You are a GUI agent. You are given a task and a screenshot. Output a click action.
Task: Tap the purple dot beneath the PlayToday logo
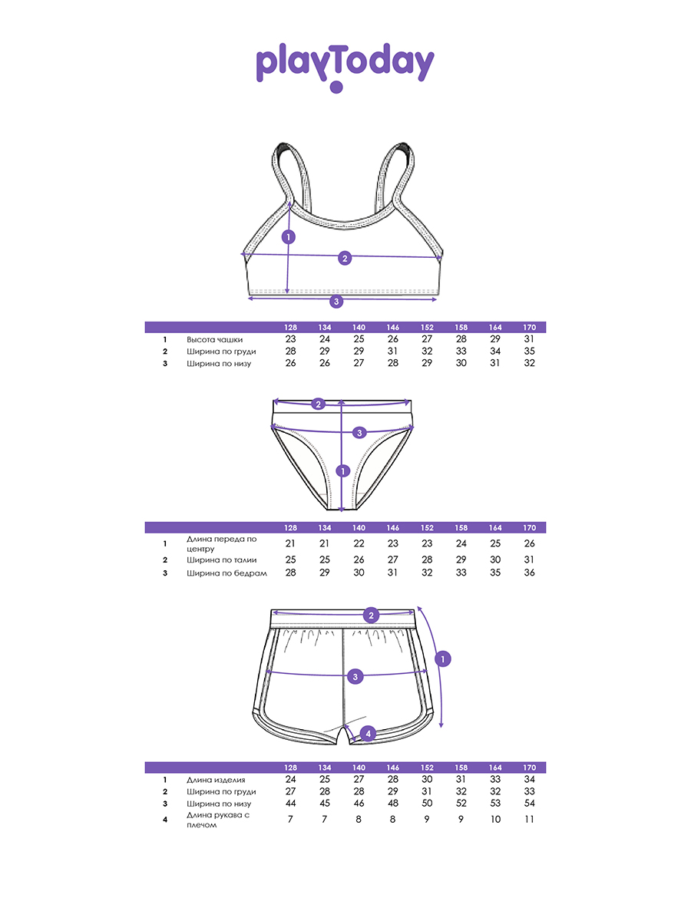click(336, 87)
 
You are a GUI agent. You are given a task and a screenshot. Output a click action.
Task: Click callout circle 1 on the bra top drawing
click(288, 237)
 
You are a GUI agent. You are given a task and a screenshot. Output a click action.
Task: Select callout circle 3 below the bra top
click(336, 302)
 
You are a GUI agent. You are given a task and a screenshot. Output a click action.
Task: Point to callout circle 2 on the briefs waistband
click(318, 404)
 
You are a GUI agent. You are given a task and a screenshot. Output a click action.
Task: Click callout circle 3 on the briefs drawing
click(359, 433)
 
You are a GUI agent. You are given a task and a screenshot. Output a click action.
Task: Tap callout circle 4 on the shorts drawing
click(368, 734)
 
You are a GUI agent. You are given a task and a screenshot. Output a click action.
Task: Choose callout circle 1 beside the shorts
click(443, 659)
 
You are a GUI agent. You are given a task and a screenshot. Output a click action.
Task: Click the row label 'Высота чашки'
click(214, 339)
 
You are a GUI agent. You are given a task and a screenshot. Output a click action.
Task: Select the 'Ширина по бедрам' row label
click(226, 573)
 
